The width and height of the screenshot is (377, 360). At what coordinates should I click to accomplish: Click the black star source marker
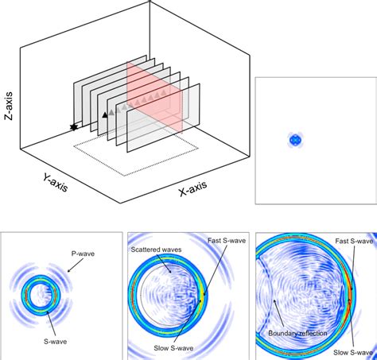pos(75,126)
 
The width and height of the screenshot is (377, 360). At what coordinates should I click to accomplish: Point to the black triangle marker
pos(104,115)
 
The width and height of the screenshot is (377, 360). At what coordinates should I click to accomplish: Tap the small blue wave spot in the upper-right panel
pos(296,140)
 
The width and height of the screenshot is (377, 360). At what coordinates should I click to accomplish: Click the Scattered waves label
pos(156,250)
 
